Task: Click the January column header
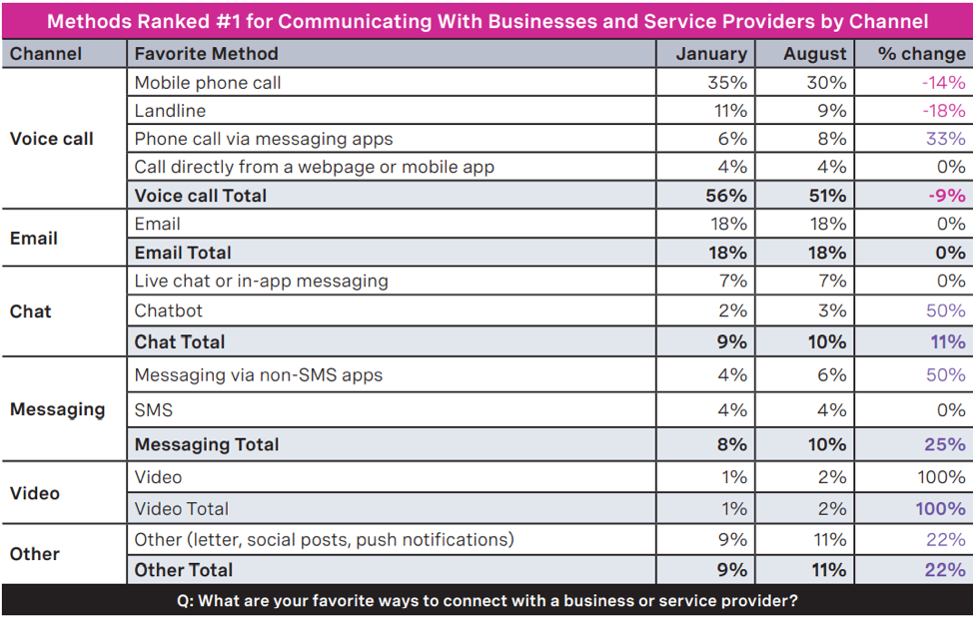pyautogui.click(x=710, y=54)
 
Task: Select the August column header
pyautogui.click(x=814, y=54)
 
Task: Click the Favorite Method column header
pyautogui.click(x=206, y=54)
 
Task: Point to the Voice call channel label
pyautogui.click(x=51, y=139)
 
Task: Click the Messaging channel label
pyautogui.click(x=57, y=409)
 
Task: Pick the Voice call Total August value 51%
pyautogui.click(x=826, y=196)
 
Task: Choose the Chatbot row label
pyautogui.click(x=170, y=310)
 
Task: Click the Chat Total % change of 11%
pyautogui.click(x=948, y=341)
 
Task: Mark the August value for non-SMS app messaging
pyautogui.click(x=832, y=375)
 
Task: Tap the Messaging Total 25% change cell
pyautogui.click(x=945, y=444)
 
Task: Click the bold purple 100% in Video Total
pyautogui.click(x=941, y=508)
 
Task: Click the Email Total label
pyautogui.click(x=183, y=253)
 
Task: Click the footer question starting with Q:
pyautogui.click(x=486, y=601)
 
